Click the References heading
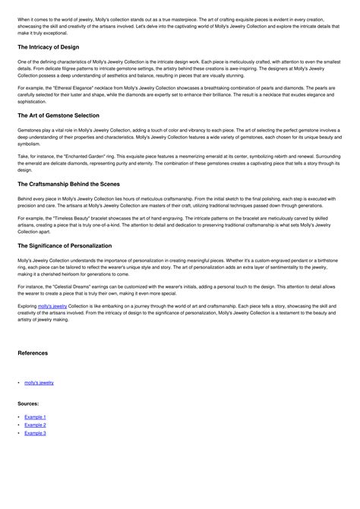pyautogui.click(x=33, y=353)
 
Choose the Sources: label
pyautogui.click(x=28, y=403)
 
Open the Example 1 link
pyautogui.click(x=35, y=417)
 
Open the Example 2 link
pyautogui.click(x=35, y=425)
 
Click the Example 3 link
pyautogui.click(x=35, y=432)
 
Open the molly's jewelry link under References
pyautogui.click(x=39, y=382)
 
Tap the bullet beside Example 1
pyautogui.click(x=18, y=417)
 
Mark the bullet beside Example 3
pyautogui.click(x=18, y=432)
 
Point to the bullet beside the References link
pyautogui.click(x=18, y=382)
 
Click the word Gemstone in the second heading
pyautogui.click(x=64, y=115)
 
